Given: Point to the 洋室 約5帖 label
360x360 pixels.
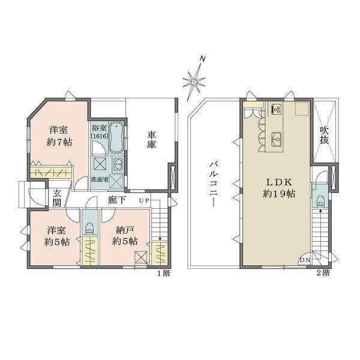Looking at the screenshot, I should (57, 236).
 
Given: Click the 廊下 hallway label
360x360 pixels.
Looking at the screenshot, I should (116, 200).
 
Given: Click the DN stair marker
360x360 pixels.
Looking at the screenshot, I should (305, 260).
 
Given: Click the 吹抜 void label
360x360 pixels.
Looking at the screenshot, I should (325, 135).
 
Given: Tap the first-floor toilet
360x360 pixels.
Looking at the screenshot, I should (89, 227).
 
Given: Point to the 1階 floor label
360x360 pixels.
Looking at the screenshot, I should (163, 274).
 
